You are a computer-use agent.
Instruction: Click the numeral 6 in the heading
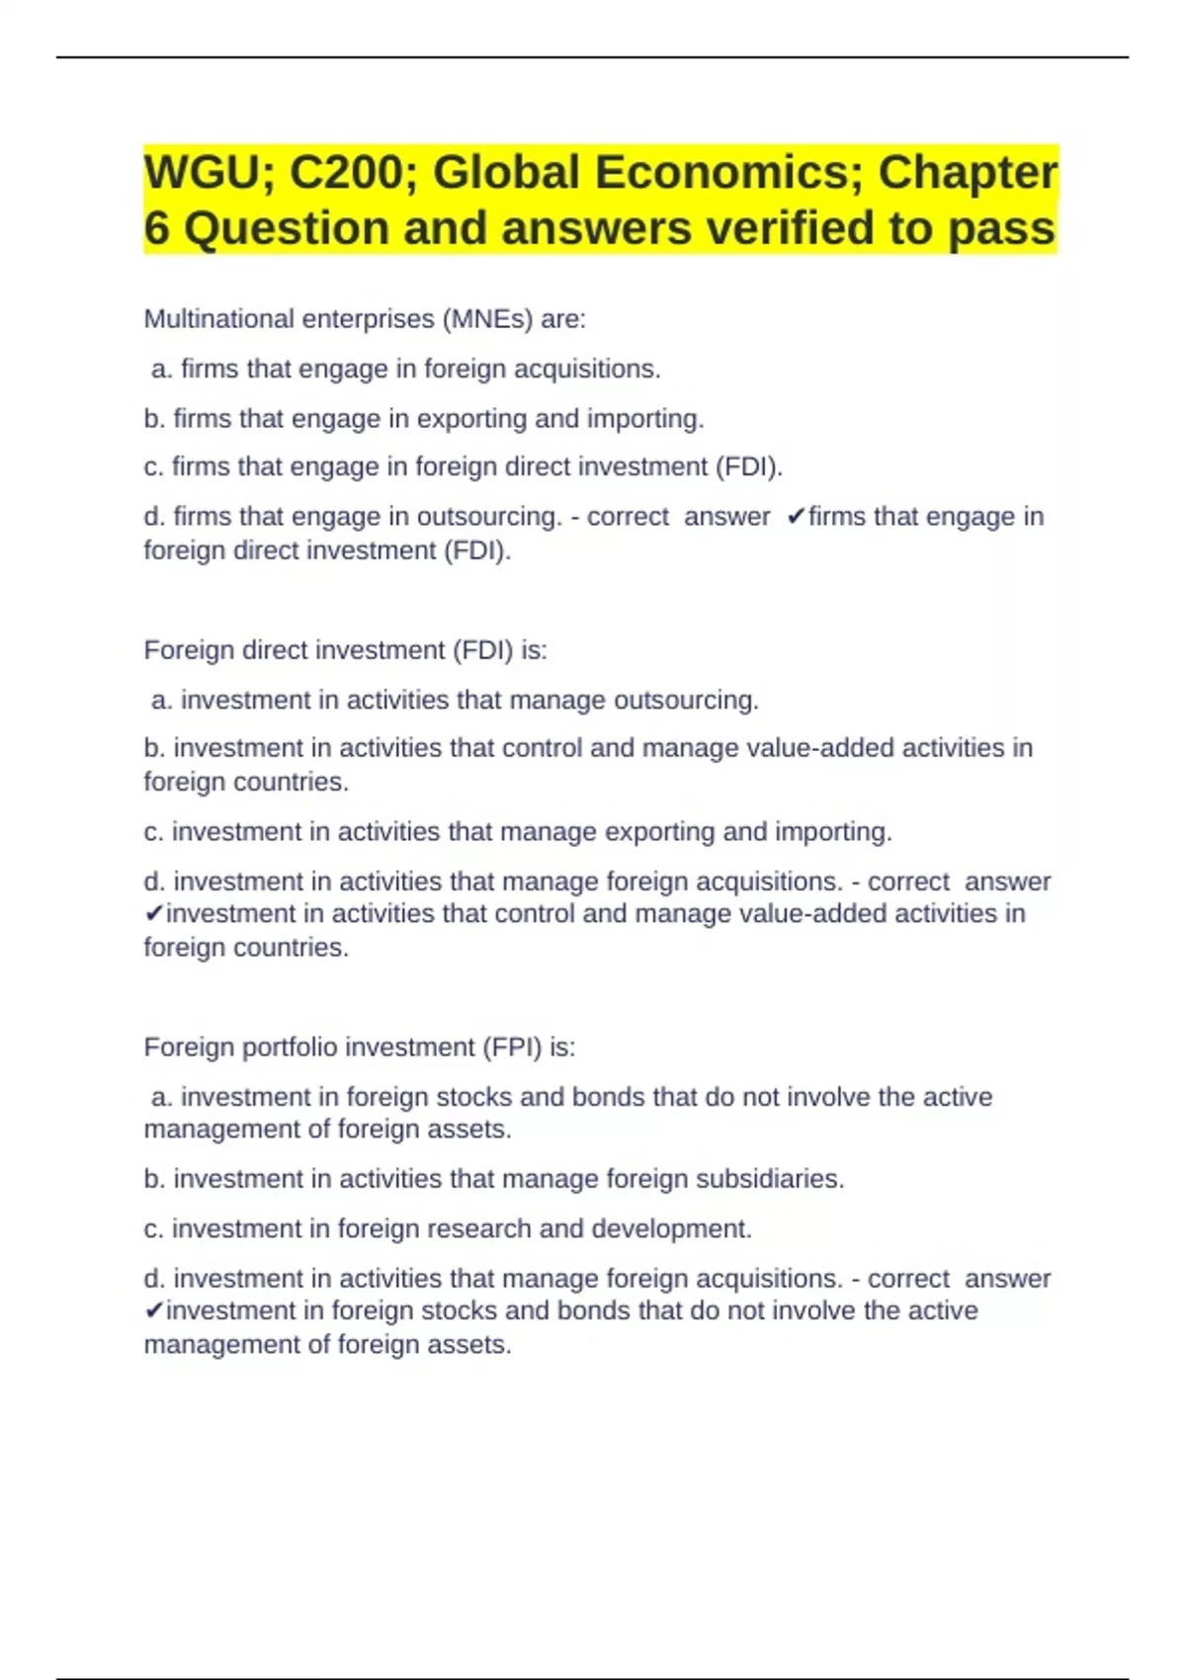[156, 229]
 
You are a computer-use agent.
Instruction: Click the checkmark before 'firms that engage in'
[796, 517]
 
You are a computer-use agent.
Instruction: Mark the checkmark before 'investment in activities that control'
[153, 914]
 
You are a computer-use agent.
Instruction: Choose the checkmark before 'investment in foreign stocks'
[153, 1311]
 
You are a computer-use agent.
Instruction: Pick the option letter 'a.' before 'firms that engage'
[162, 370]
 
